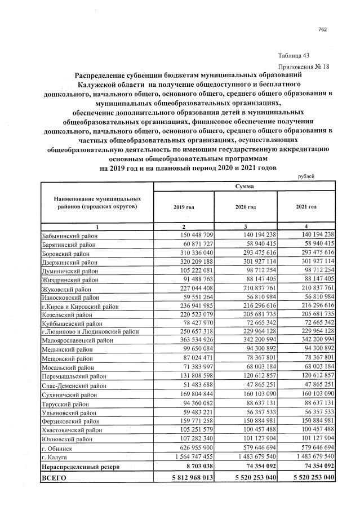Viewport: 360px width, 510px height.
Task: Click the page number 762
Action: click(323, 30)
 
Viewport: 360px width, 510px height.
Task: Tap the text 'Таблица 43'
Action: click(294, 55)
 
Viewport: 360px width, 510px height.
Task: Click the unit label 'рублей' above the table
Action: click(306, 176)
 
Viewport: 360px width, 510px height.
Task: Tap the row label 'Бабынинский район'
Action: click(70, 236)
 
